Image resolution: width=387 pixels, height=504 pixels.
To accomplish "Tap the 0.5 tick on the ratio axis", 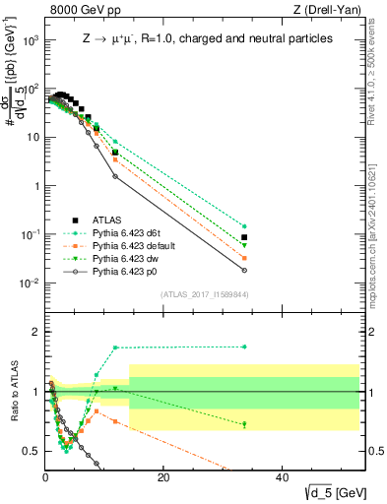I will pyautogui.click(x=32, y=451).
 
